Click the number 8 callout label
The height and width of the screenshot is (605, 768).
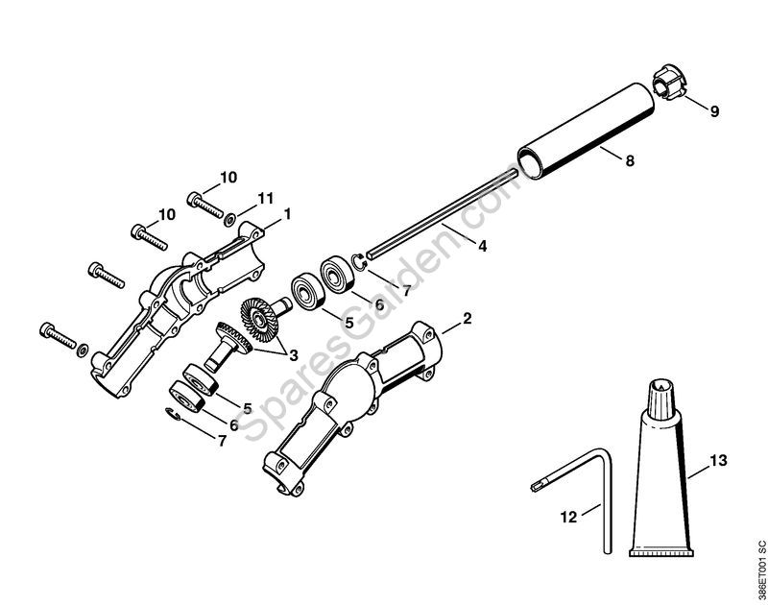[x=630, y=162]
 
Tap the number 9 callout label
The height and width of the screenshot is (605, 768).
[x=714, y=111]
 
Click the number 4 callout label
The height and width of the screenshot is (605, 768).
[x=482, y=246]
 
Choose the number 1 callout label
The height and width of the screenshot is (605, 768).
[x=287, y=211]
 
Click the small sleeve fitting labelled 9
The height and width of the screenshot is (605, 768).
[x=668, y=92]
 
